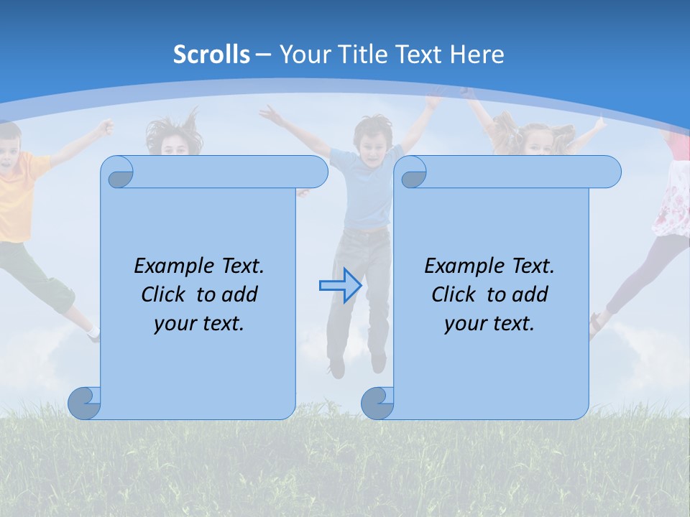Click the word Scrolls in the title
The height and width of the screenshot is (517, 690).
tap(211, 55)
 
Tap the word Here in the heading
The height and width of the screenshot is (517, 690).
tap(476, 55)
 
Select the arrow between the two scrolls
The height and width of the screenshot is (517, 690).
tap(340, 286)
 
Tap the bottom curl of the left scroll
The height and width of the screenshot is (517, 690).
tap(84, 403)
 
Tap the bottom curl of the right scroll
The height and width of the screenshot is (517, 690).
tap(377, 403)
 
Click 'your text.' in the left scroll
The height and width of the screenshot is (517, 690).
tap(199, 324)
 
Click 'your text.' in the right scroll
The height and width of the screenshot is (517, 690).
tap(489, 324)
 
